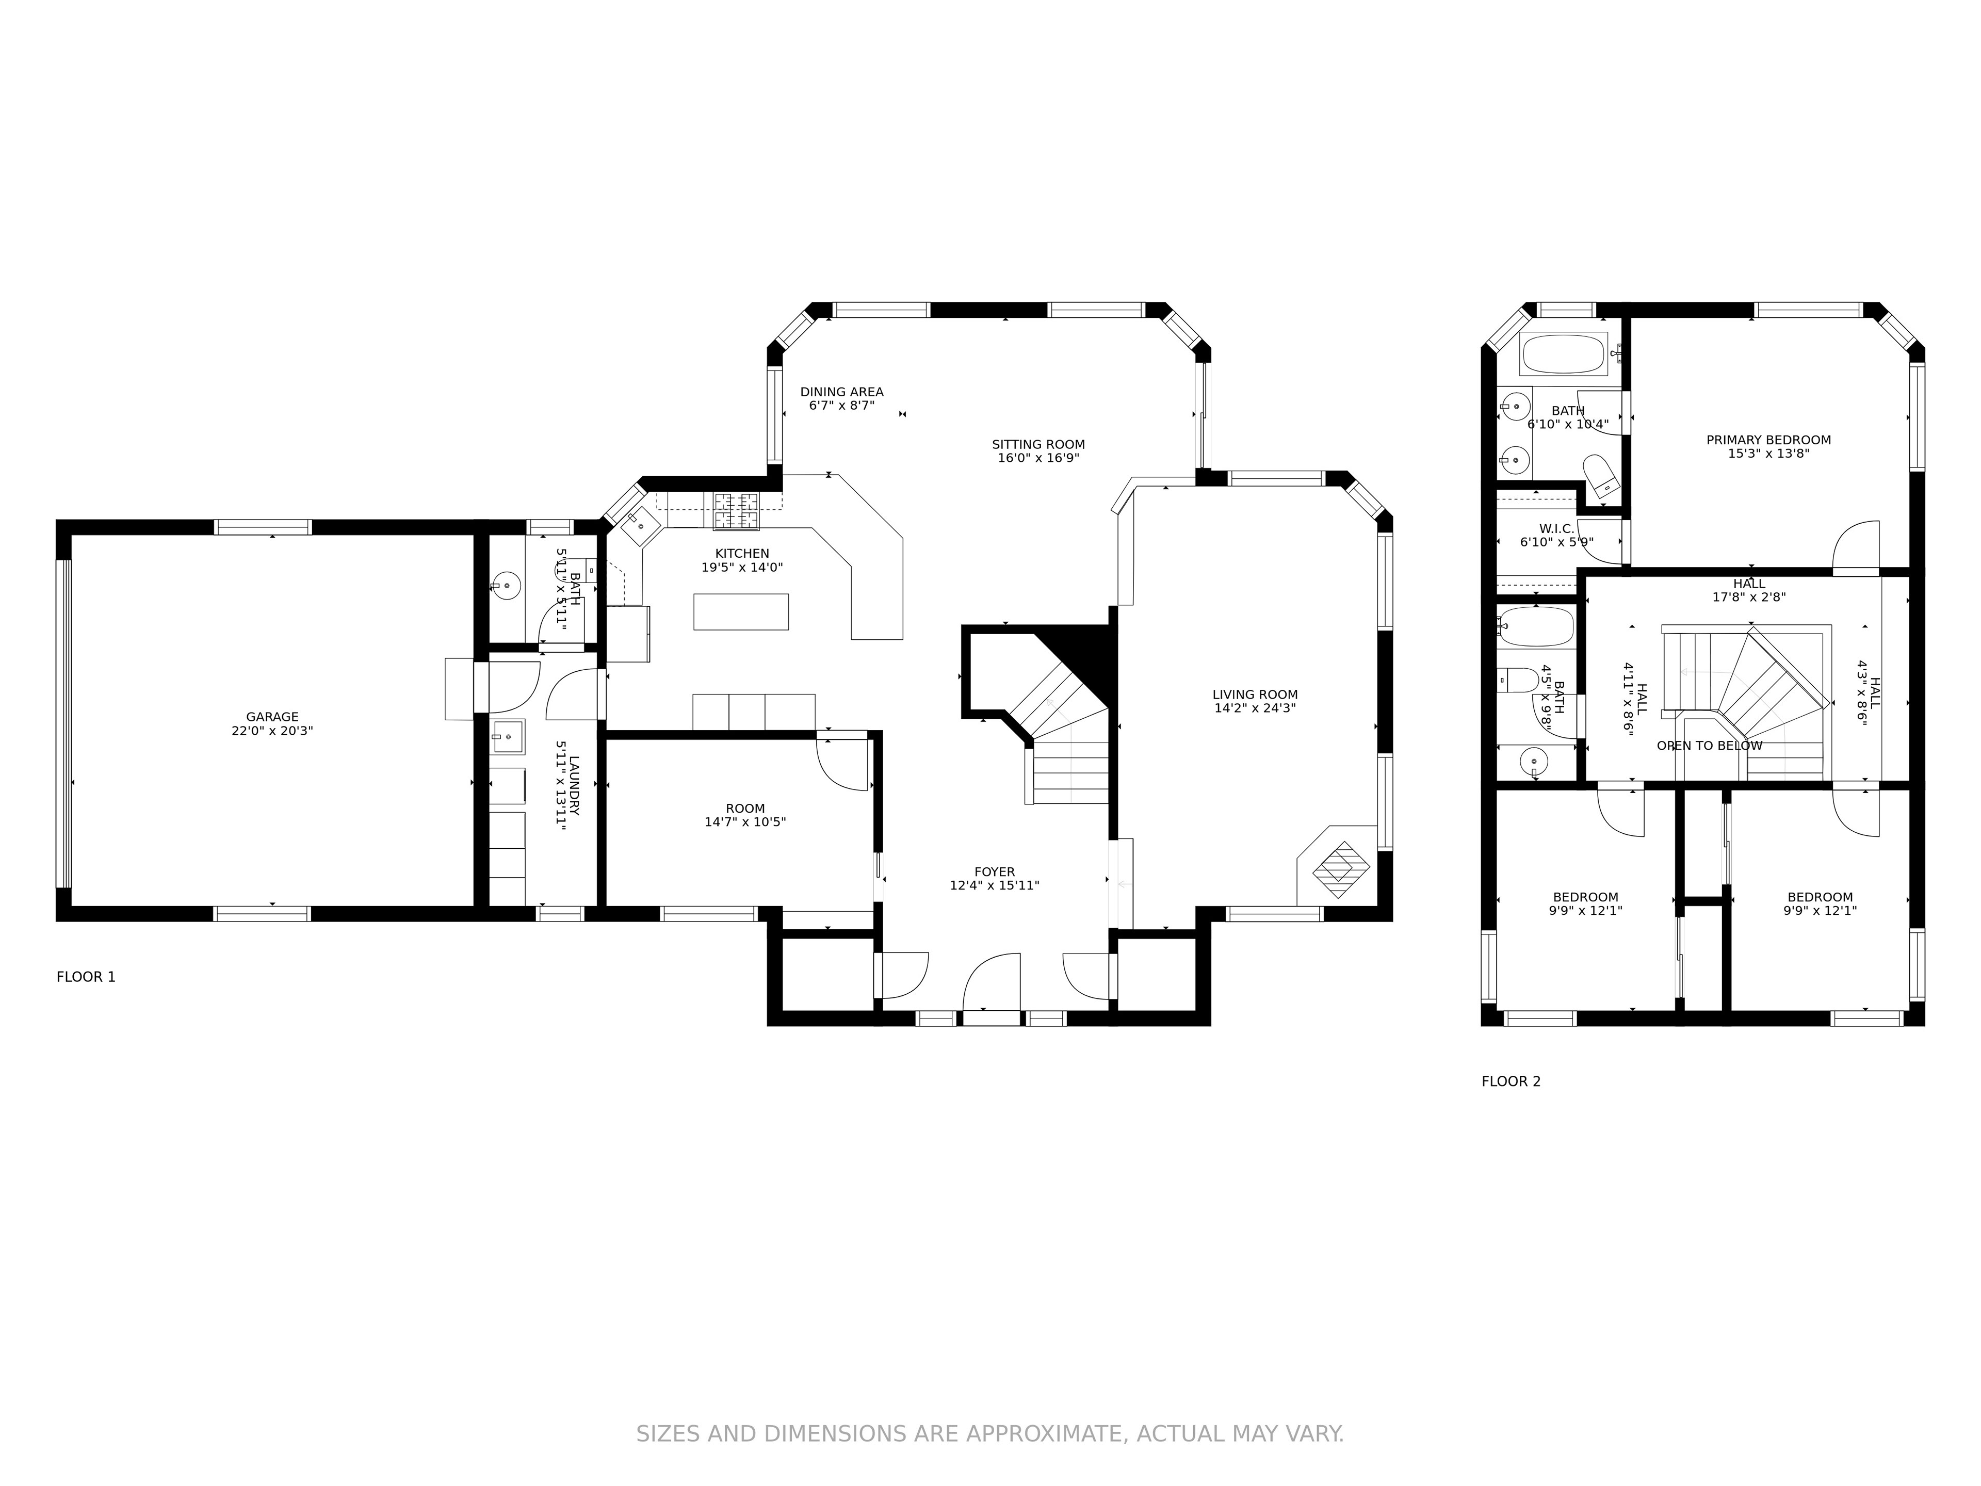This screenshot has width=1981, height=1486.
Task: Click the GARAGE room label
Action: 272,717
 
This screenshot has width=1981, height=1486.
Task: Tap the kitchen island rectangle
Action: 741,612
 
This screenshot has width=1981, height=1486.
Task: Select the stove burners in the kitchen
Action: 736,511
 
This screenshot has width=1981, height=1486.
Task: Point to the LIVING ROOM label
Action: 1255,694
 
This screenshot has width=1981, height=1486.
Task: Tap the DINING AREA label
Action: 842,392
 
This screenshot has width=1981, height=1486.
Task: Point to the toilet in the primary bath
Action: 1600,475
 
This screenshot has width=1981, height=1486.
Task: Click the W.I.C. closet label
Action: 1556,528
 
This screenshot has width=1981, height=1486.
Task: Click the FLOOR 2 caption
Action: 1511,1081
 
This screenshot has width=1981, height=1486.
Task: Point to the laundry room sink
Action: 508,737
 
